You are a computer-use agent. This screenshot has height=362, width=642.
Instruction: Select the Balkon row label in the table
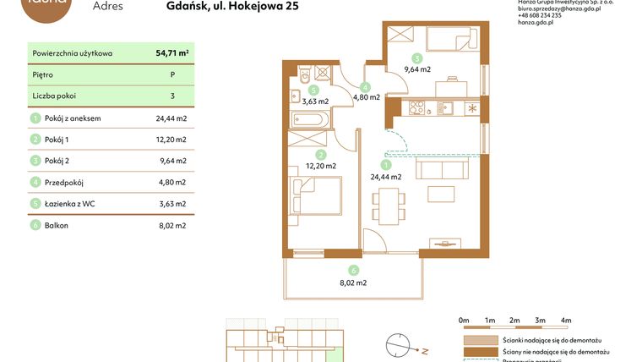point(57,226)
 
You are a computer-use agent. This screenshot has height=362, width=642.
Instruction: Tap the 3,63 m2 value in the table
point(171,204)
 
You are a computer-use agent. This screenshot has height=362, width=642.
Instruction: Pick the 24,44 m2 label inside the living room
point(386,177)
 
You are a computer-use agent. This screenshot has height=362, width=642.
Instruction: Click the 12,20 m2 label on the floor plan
point(320,166)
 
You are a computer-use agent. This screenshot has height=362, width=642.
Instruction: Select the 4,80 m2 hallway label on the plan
point(365,97)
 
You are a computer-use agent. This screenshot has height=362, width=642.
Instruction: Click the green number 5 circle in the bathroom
point(313,90)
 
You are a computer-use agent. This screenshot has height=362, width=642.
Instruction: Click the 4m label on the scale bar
point(566,321)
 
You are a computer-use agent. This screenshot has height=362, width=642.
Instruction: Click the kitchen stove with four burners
point(416,107)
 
